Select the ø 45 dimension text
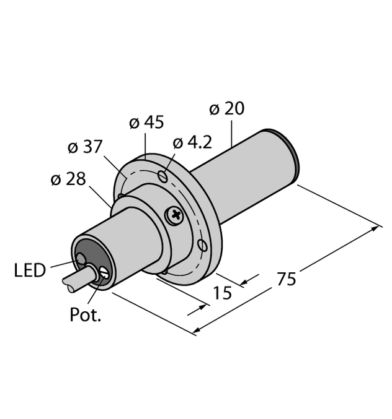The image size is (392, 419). pyautogui.click(x=146, y=123)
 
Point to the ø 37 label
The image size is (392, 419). pyautogui.click(x=84, y=148)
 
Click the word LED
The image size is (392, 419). pyautogui.click(x=30, y=270)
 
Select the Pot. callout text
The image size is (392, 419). pyautogui.click(x=84, y=316)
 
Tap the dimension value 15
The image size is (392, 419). pyautogui.click(x=221, y=292)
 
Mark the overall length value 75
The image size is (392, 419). pyautogui.click(x=285, y=279)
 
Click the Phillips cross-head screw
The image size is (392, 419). pyautogui.click(x=175, y=216)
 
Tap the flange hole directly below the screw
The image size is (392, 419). pyautogui.click(x=202, y=245)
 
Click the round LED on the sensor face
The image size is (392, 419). pyautogui.click(x=81, y=258)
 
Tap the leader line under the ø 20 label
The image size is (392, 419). pyautogui.click(x=232, y=132)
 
